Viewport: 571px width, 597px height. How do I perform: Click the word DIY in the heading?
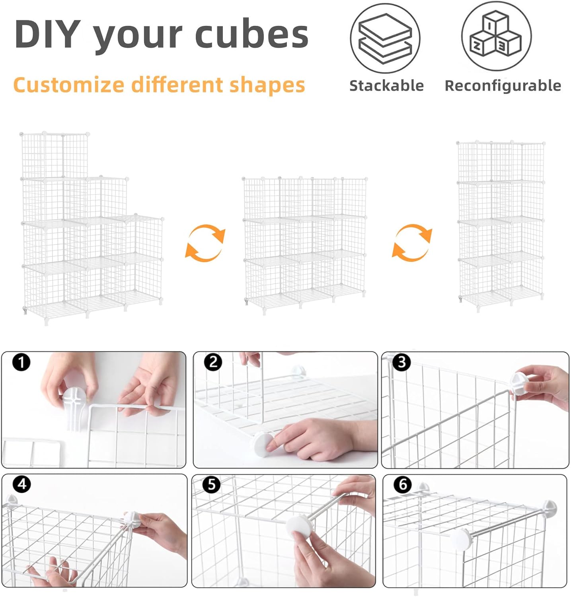pyautogui.click(x=48, y=34)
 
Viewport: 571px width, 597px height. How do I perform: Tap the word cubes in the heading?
pyautogui.click(x=251, y=34)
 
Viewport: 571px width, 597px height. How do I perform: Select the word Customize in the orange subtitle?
pyautogui.click(x=69, y=85)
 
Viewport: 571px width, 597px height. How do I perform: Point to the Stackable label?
pyautogui.click(x=386, y=86)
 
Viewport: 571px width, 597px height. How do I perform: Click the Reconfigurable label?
pyautogui.click(x=503, y=86)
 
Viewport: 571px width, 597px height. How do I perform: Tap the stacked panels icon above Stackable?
pyautogui.click(x=385, y=38)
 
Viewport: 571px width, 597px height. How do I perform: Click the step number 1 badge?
pyautogui.click(x=21, y=363)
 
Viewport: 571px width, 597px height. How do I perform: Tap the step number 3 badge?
pyautogui.click(x=401, y=362)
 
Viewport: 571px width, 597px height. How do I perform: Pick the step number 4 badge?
pyautogui.click(x=22, y=484)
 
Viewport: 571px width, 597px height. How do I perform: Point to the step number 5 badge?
pyautogui.click(x=211, y=484)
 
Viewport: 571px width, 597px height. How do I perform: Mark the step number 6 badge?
pyautogui.click(x=403, y=485)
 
